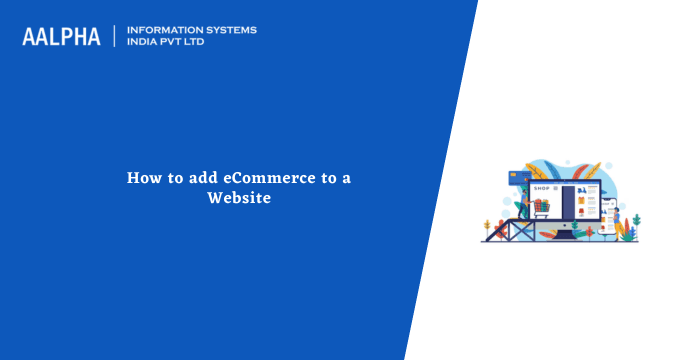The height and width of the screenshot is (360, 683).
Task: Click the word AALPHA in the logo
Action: coord(61,37)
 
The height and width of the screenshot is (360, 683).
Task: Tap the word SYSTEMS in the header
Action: coord(231,30)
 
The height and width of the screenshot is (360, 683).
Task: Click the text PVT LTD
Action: coord(188,43)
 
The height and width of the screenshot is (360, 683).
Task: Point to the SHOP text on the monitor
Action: coord(541,187)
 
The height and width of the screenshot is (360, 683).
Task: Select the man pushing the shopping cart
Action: coord(523,202)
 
